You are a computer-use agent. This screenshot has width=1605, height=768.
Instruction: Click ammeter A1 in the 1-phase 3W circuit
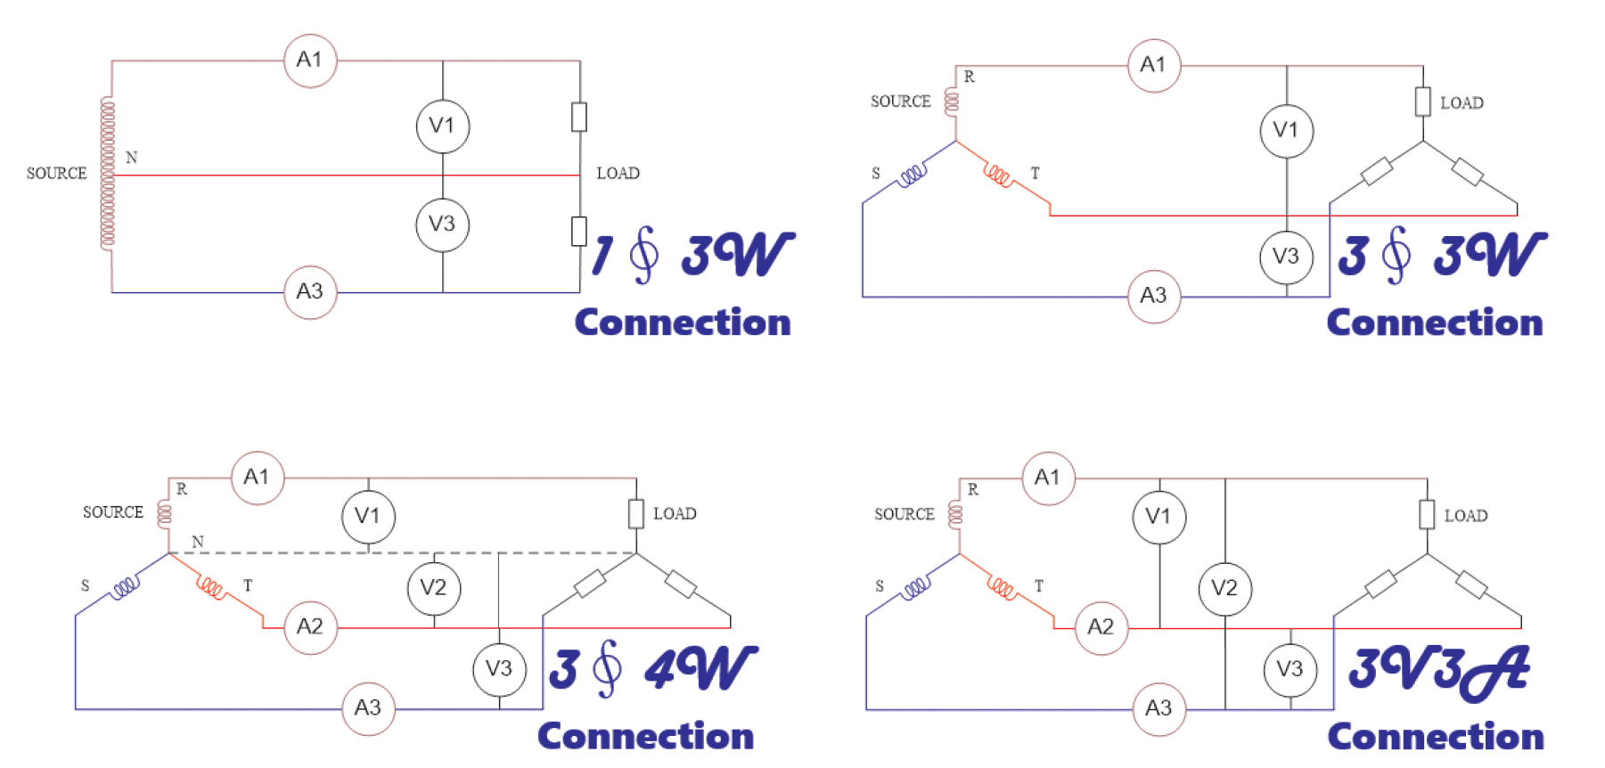[x=310, y=61]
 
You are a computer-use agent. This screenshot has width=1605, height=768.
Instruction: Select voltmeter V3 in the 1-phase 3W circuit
[x=442, y=225]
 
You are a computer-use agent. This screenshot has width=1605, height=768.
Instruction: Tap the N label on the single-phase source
[x=132, y=158]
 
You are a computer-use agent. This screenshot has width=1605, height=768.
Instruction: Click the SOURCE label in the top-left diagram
[x=56, y=173]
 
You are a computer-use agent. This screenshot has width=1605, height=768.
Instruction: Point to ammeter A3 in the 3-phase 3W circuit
[x=1153, y=296]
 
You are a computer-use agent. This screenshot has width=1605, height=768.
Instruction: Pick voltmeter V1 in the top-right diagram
[x=1286, y=131]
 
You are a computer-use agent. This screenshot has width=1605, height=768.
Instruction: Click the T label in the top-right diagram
[x=1035, y=173]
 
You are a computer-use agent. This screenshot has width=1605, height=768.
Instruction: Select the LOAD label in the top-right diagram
[x=1462, y=103]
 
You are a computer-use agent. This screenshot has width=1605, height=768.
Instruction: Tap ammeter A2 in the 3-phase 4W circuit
[x=310, y=627]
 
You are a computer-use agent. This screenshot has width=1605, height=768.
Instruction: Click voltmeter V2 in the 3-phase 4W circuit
[x=434, y=588]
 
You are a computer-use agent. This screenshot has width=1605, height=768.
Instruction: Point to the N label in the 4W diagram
[x=198, y=542]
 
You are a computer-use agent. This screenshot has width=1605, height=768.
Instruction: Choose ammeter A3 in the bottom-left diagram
[x=368, y=708]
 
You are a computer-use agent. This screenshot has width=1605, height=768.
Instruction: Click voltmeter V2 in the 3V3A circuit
[x=1224, y=588]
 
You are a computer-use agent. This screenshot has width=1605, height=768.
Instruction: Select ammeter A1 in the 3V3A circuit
[x=1048, y=478]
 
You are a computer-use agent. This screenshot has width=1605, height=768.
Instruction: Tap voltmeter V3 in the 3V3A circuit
[x=1290, y=670]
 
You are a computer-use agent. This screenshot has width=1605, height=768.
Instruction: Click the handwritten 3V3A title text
[x=1438, y=671]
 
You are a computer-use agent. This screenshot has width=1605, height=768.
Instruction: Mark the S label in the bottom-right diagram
[x=880, y=586]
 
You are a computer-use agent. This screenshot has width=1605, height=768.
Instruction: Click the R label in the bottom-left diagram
[x=182, y=489]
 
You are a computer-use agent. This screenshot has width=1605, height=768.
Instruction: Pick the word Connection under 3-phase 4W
[x=645, y=737]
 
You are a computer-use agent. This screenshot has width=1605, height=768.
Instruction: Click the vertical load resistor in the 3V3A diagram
[x=1427, y=515]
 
